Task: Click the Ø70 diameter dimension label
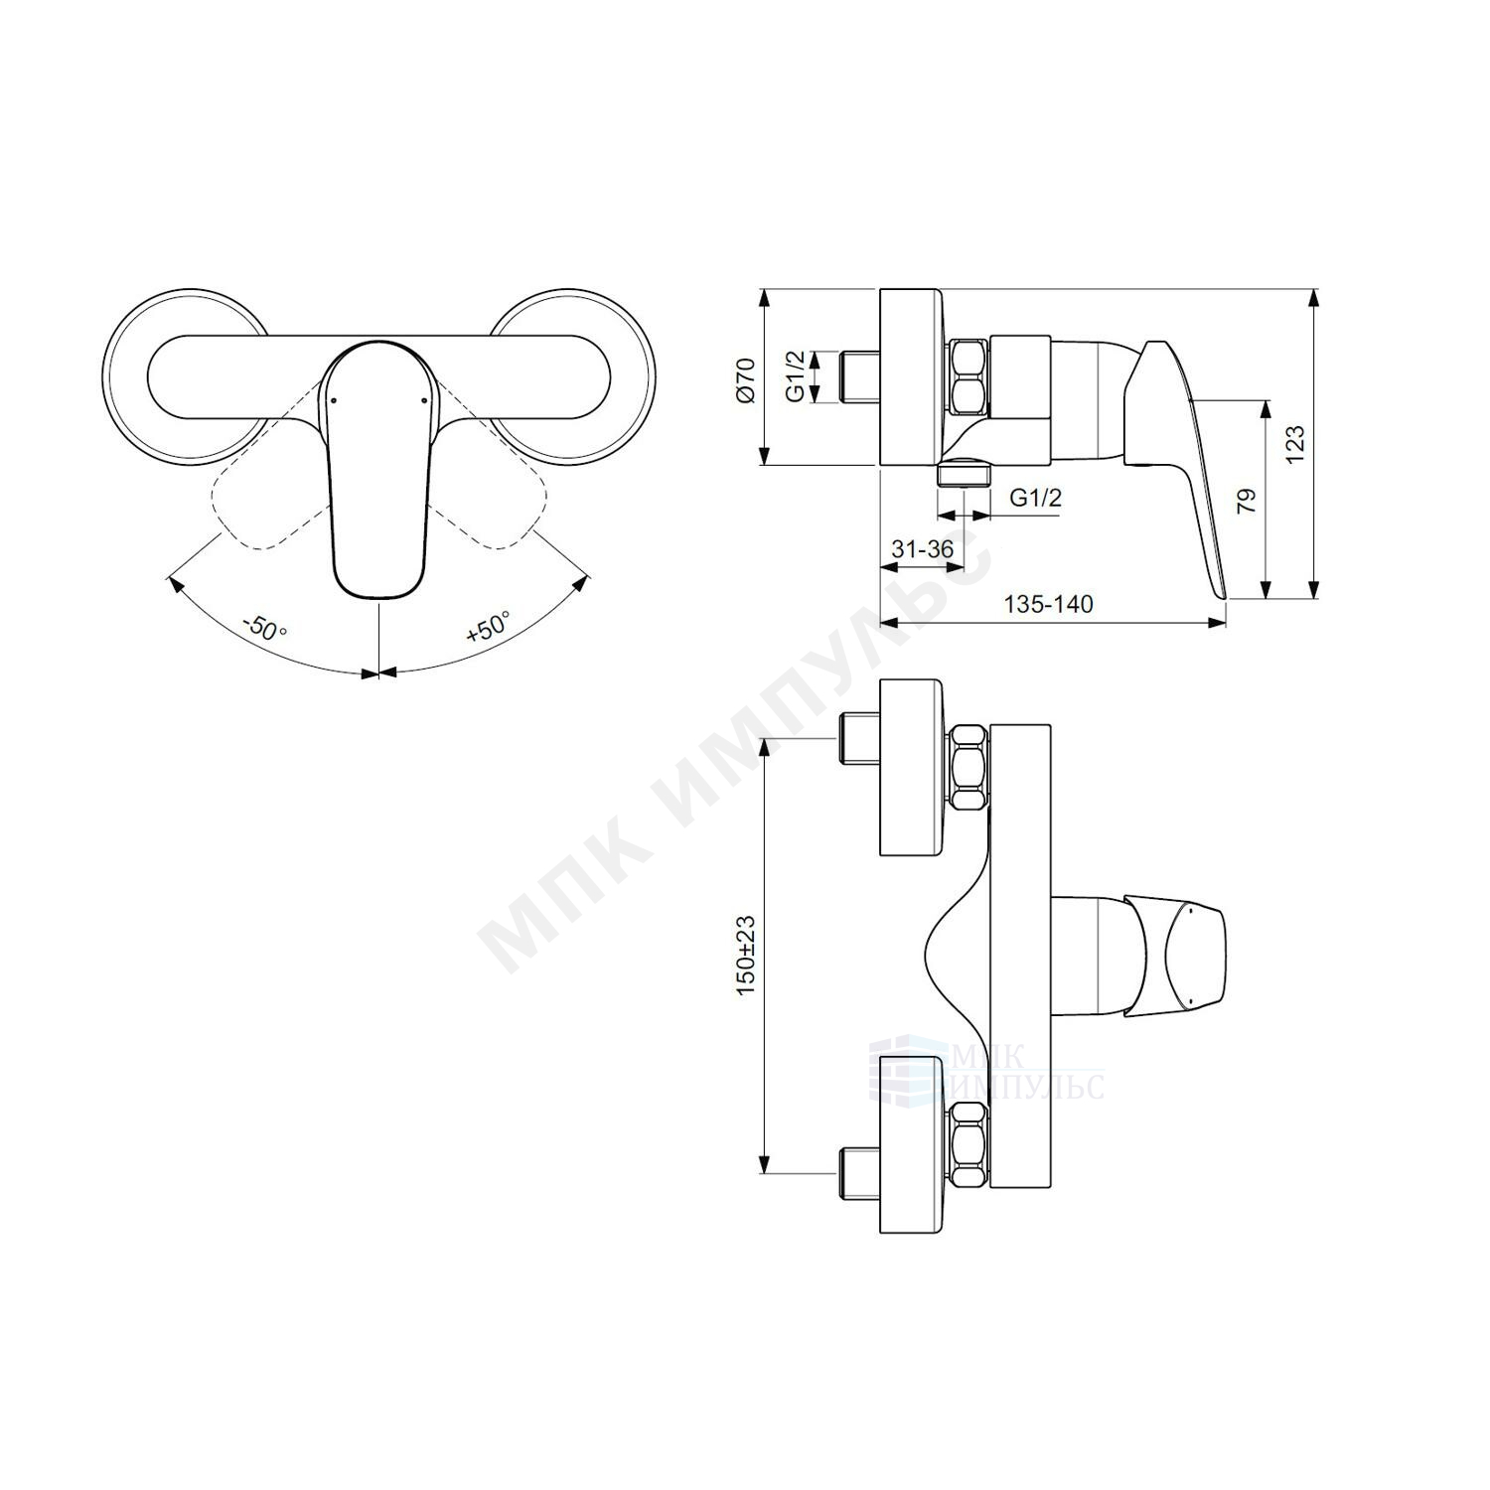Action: (x=746, y=380)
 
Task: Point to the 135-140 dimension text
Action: (x=1048, y=604)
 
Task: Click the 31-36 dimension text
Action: (x=923, y=549)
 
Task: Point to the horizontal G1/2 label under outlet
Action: (x=1035, y=498)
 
